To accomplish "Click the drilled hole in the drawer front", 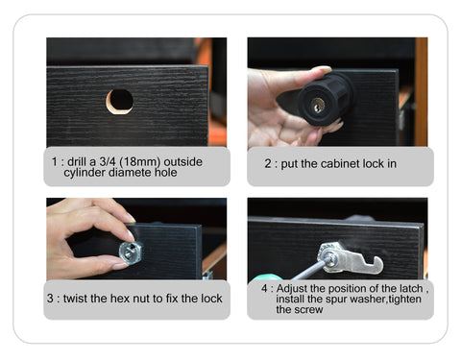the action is (x=119, y=102).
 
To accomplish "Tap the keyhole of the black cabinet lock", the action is (x=318, y=106).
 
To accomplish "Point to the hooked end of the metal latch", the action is (x=376, y=265).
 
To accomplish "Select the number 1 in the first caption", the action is (x=55, y=161).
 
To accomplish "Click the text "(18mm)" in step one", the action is (x=139, y=162).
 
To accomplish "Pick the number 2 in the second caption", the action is (x=268, y=164).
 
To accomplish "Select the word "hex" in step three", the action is (x=120, y=299).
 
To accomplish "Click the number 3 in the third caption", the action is (x=50, y=299).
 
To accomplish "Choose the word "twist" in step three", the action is (x=75, y=299).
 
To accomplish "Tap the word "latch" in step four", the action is (x=411, y=289).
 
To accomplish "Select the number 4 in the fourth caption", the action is (x=264, y=288).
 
